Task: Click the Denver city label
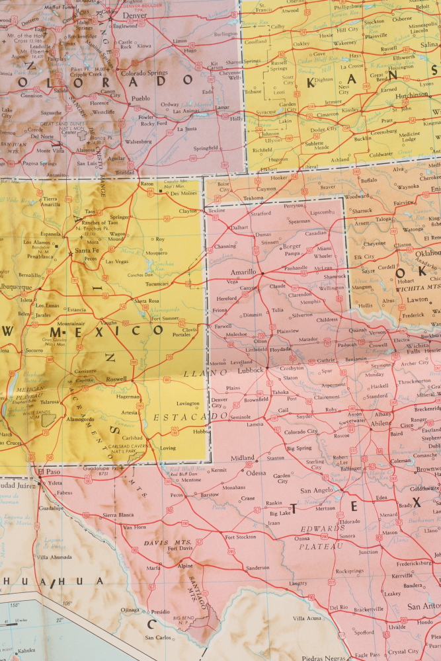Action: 126,15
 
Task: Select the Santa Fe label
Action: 88,251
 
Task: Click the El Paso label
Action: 48,472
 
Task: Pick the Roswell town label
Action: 116,379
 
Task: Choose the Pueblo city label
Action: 141,98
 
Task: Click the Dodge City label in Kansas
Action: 305,130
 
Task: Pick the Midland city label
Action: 243,458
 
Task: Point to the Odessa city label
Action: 257,473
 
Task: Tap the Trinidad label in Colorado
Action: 124,173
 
